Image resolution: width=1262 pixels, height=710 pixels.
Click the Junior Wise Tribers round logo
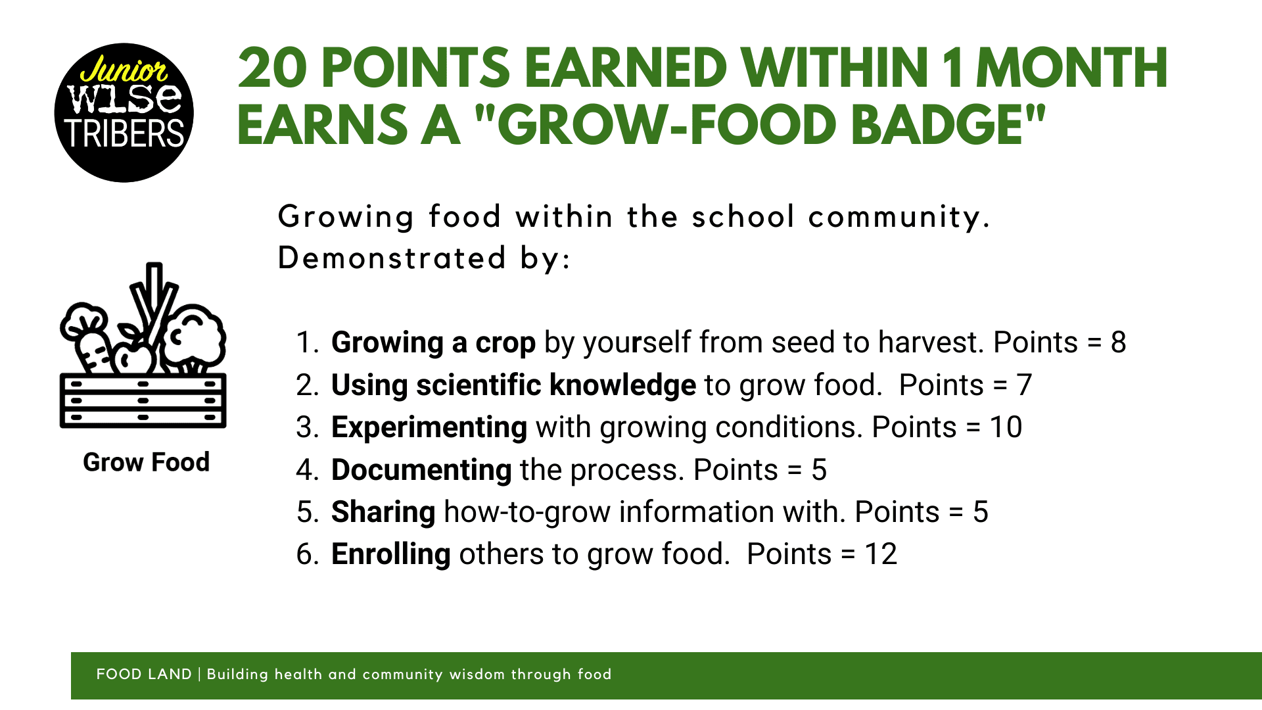(124, 112)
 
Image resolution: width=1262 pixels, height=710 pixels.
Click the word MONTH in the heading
(1072, 68)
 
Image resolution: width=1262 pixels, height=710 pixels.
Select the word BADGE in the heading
(936, 125)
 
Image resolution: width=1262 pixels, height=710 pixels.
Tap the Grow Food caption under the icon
(146, 462)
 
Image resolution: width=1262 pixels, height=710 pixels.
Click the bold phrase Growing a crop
(433, 343)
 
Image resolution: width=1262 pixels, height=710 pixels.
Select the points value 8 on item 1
(1118, 343)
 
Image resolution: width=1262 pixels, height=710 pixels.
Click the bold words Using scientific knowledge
(513, 386)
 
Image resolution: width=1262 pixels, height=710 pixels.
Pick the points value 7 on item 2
(1024, 385)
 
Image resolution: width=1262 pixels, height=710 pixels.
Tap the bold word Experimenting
(429, 428)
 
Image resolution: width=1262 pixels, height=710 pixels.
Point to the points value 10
(1006, 427)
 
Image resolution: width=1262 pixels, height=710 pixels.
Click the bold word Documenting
(421, 470)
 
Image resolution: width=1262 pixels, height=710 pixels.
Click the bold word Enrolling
(391, 555)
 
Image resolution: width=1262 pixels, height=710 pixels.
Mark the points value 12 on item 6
(881, 554)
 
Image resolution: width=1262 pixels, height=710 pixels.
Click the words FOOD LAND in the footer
(144, 674)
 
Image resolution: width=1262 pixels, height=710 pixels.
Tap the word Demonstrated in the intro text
(392, 258)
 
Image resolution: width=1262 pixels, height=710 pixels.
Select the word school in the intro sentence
(743, 217)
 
